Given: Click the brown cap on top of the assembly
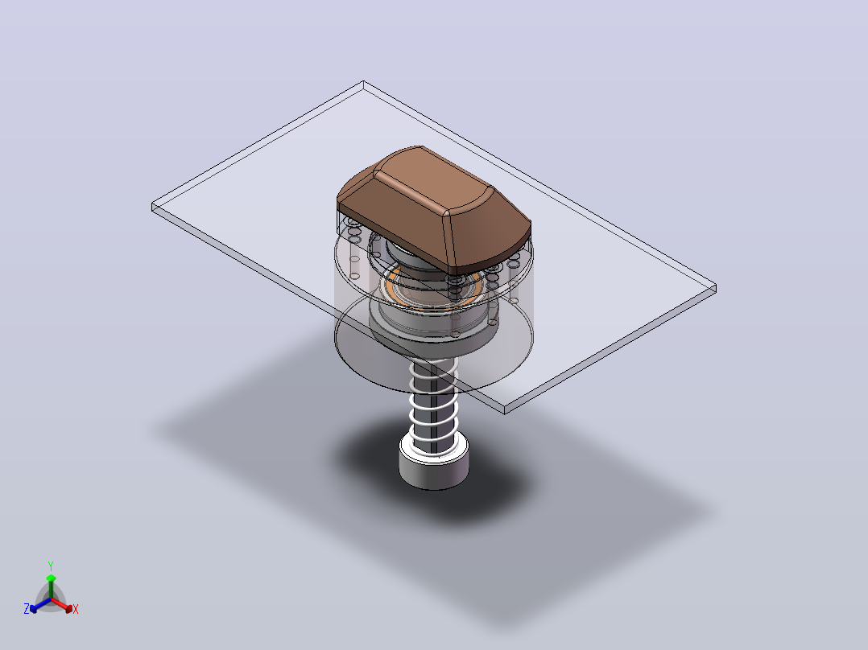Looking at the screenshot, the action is click(x=433, y=210).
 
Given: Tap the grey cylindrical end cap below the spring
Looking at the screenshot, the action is click(x=434, y=465).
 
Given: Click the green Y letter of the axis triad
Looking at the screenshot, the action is click(x=51, y=566).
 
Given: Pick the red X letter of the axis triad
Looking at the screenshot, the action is click(x=76, y=609).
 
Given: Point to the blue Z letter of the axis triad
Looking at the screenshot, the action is click(x=27, y=608).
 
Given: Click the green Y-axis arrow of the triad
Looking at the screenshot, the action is click(x=51, y=586).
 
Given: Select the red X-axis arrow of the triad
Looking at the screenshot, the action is click(x=62, y=605).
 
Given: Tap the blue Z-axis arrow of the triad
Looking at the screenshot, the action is click(x=40, y=605).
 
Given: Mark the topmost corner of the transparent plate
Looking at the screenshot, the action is click(x=363, y=81).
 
